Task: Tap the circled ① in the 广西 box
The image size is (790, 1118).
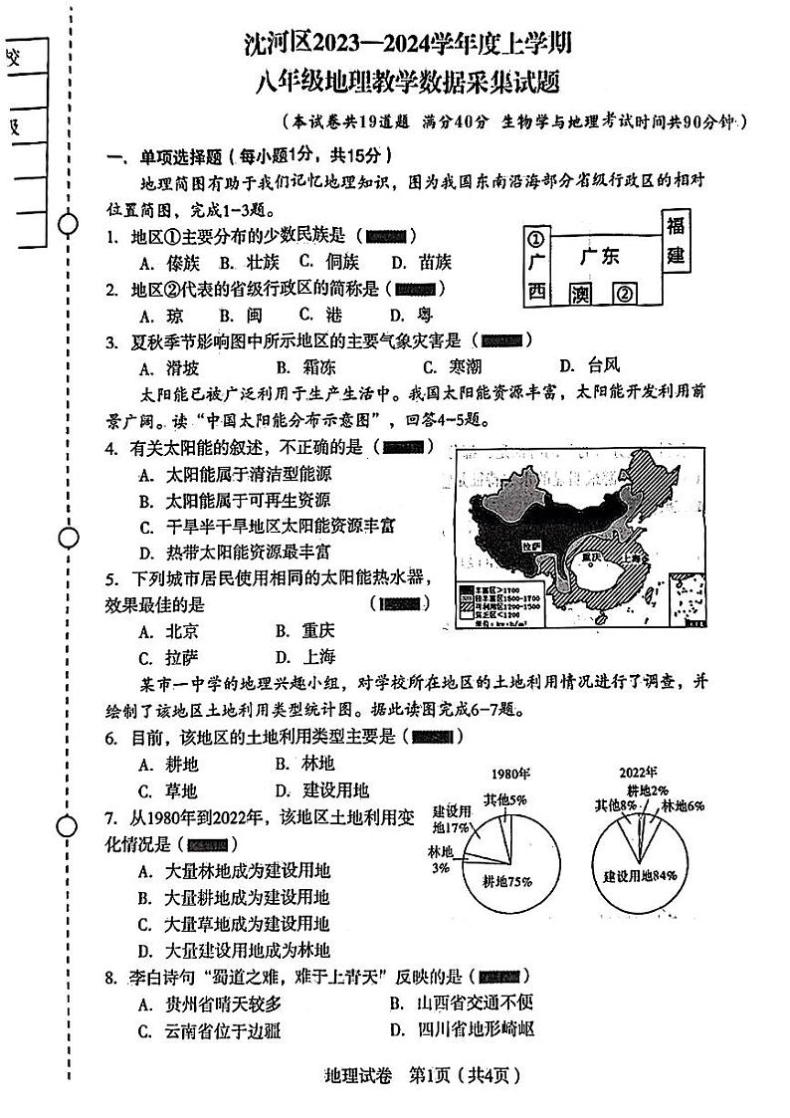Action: click(536, 241)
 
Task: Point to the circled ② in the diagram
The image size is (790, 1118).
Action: click(624, 294)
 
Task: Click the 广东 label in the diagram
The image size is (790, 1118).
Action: click(600, 257)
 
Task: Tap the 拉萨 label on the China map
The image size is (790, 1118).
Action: click(530, 547)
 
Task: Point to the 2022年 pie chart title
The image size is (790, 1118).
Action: click(638, 773)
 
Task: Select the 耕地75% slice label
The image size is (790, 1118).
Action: click(506, 881)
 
